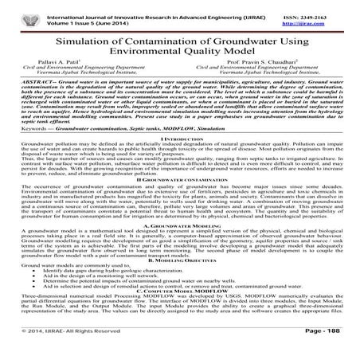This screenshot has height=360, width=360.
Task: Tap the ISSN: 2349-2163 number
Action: coord(323,6)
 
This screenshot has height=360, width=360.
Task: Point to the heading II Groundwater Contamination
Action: coord(180,199)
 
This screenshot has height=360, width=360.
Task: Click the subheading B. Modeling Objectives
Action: coord(180,282)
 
